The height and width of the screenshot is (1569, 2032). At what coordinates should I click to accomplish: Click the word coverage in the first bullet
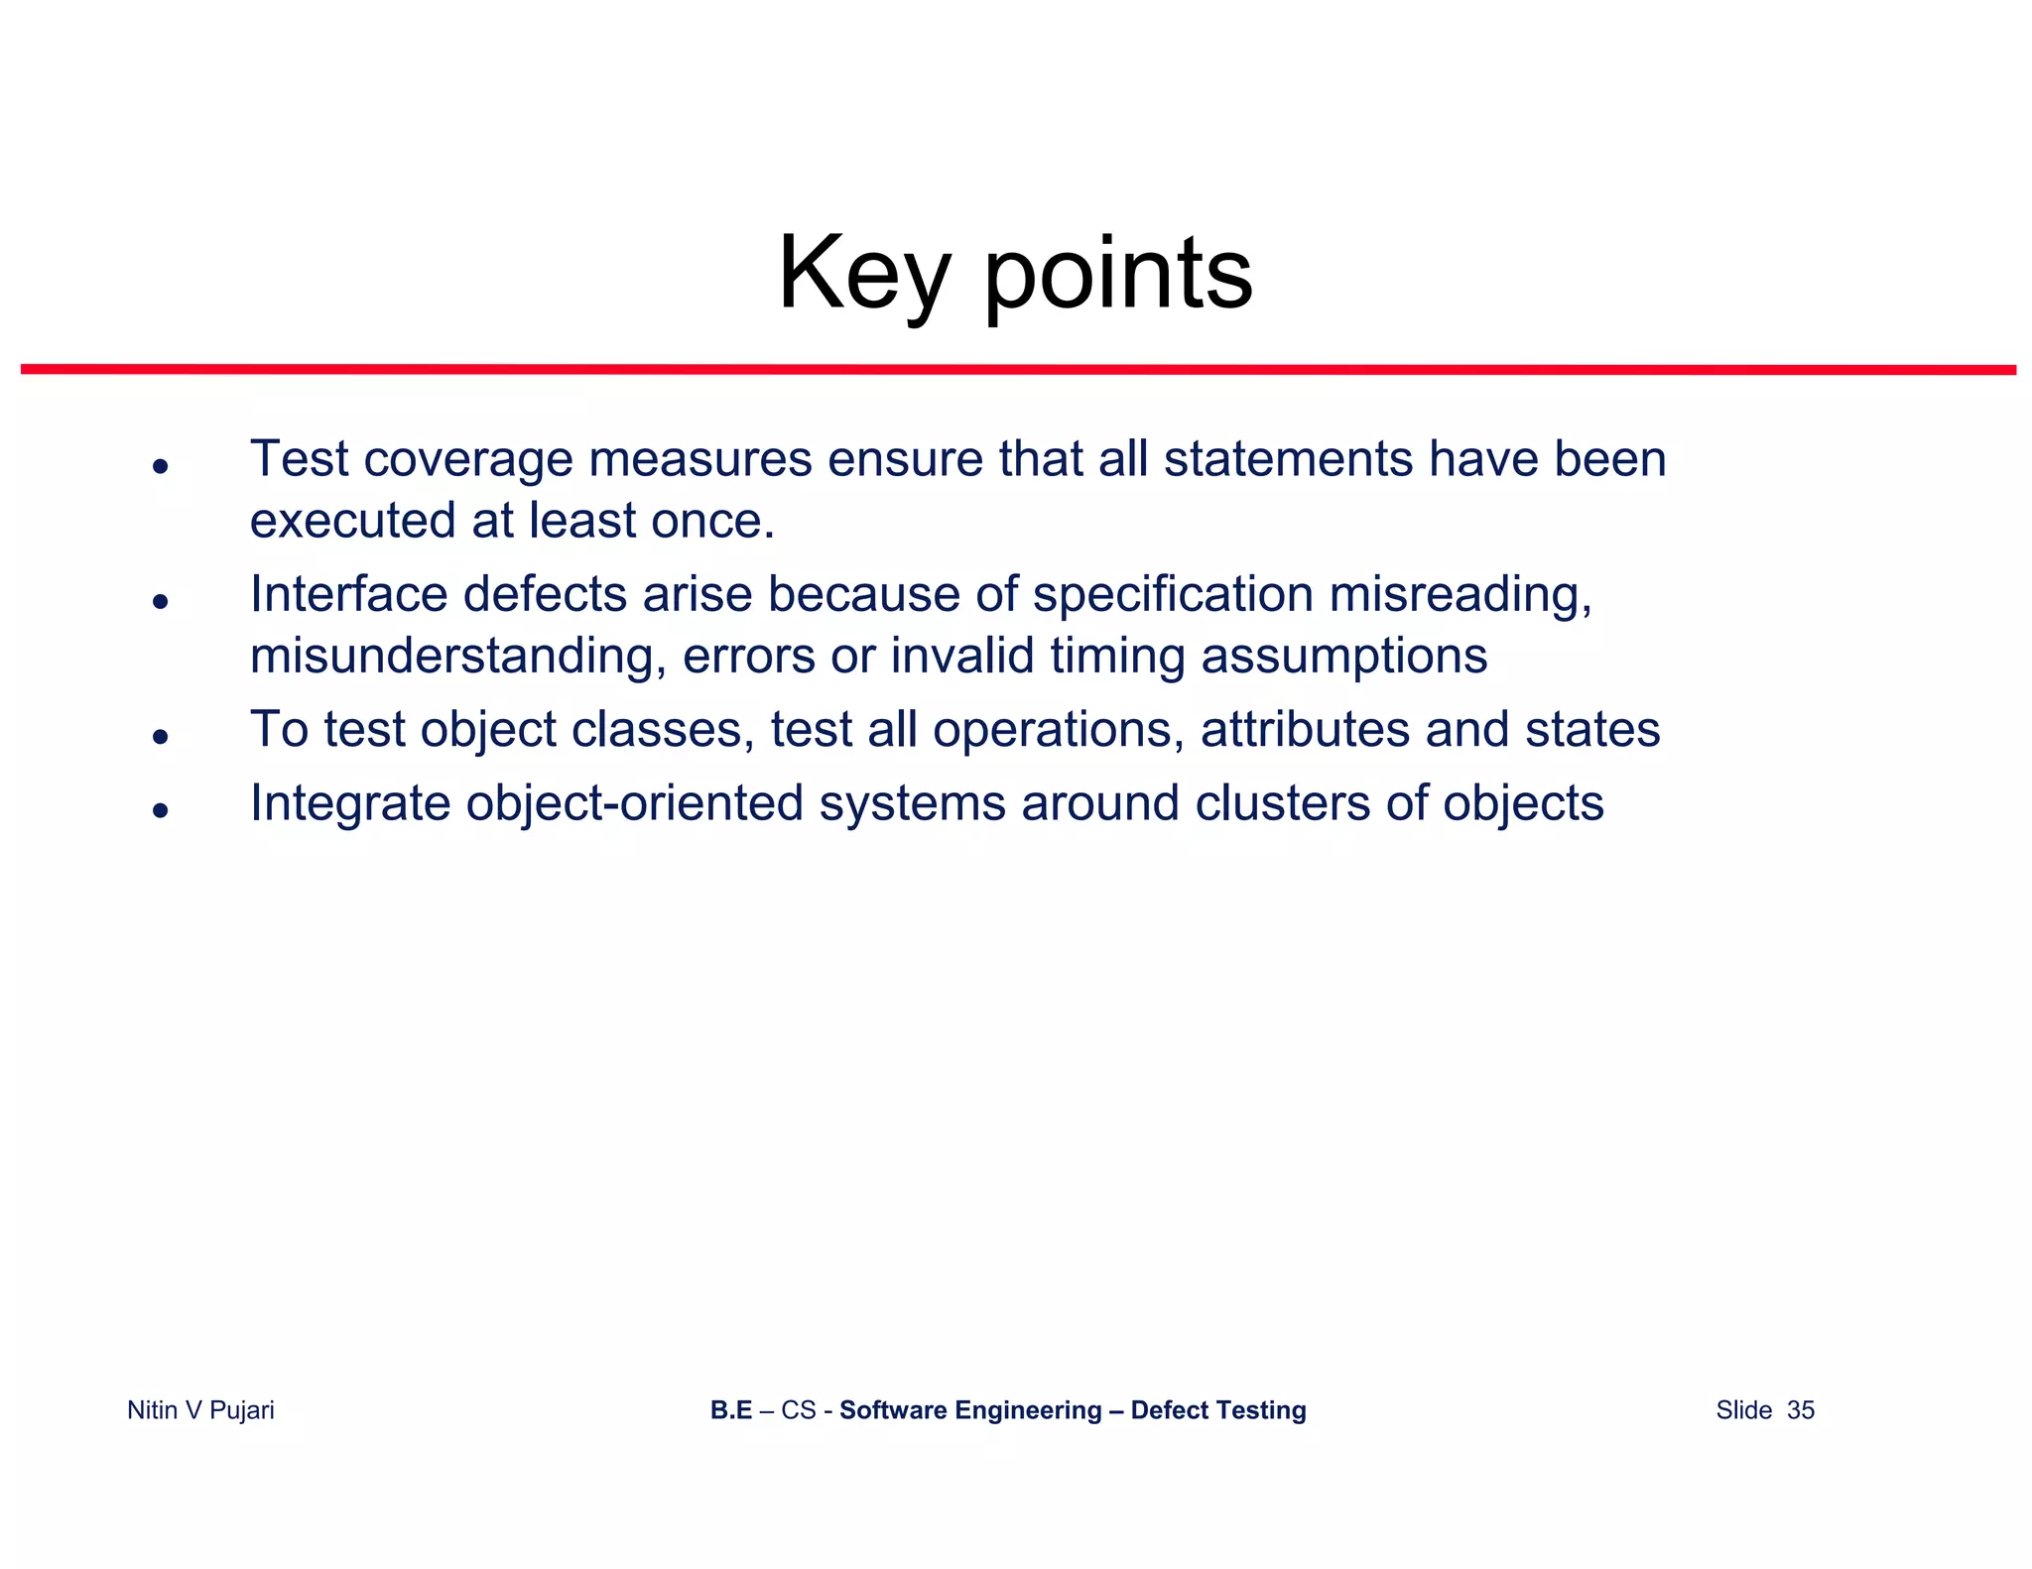point(468,460)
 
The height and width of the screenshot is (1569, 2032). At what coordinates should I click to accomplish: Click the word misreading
point(1459,595)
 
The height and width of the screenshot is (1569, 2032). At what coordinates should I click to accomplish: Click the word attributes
point(1305,730)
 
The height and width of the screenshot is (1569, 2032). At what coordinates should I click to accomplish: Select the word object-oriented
point(635,803)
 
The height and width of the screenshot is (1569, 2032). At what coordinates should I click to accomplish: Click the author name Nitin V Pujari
point(200,1410)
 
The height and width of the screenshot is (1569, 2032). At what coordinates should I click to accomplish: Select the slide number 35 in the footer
point(1800,1410)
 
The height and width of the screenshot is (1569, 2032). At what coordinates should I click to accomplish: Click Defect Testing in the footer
point(1217,1410)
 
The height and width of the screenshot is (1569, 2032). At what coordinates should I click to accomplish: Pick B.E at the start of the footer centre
point(730,1410)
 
